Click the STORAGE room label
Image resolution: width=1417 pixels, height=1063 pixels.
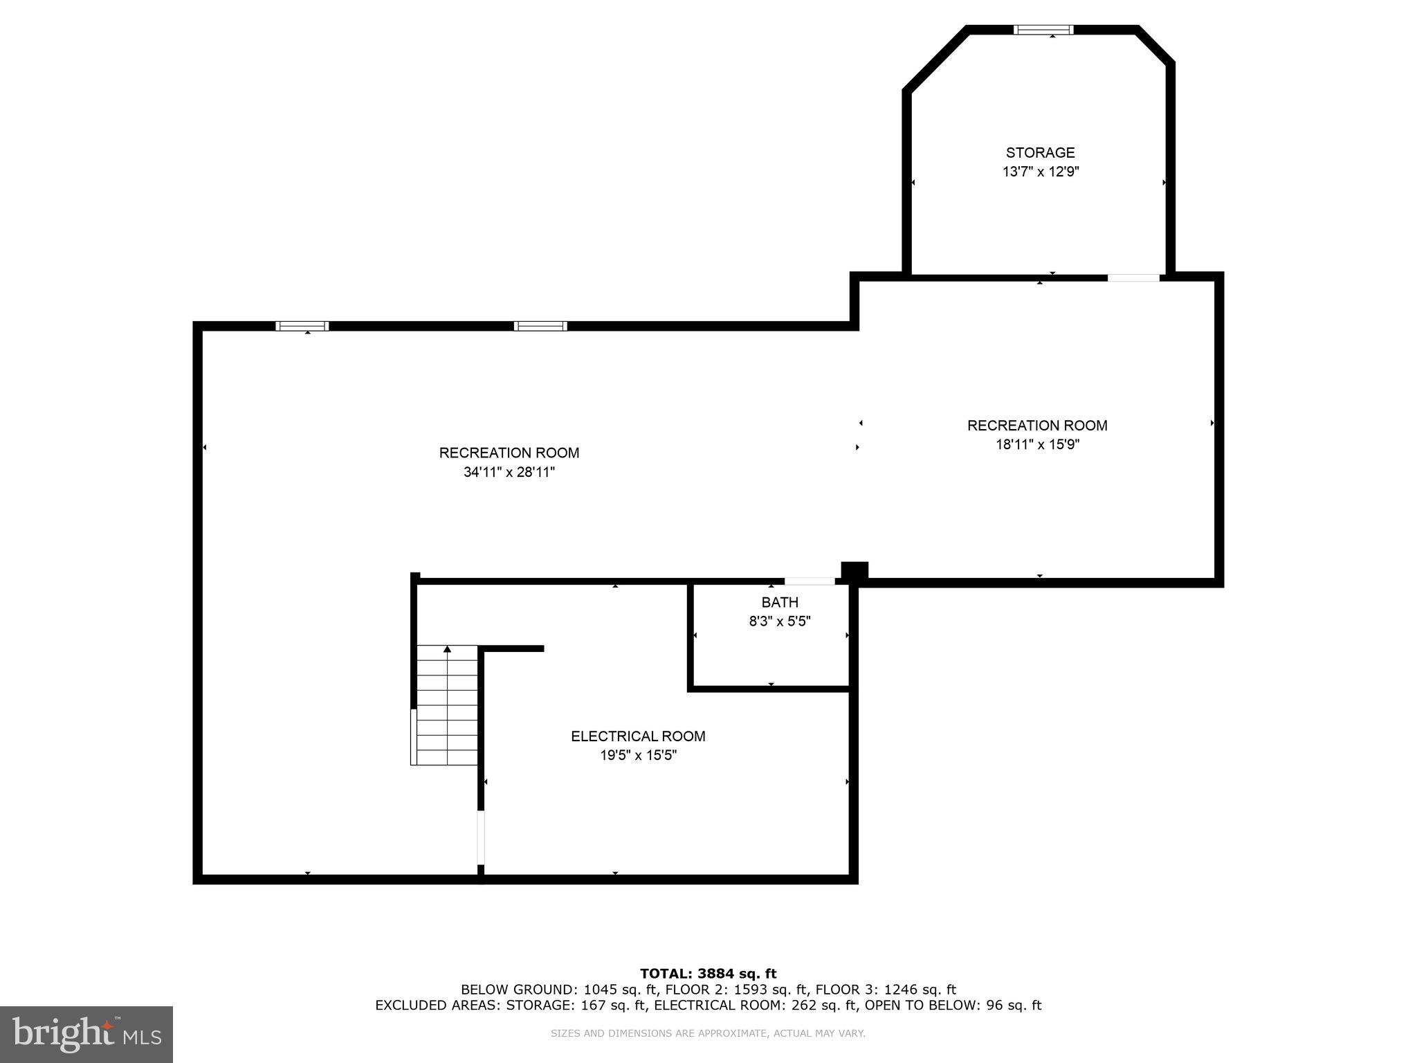(x=1040, y=153)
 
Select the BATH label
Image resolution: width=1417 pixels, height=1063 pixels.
(x=780, y=603)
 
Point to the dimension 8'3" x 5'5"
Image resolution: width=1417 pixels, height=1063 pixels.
(x=780, y=621)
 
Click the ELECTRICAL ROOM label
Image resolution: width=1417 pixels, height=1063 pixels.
(x=638, y=736)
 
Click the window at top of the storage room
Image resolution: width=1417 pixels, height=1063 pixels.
(x=1043, y=30)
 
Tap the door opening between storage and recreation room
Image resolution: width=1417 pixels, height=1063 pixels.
(x=1133, y=278)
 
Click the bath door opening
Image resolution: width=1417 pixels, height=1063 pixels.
(x=810, y=581)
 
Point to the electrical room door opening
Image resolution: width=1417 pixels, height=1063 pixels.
(x=481, y=837)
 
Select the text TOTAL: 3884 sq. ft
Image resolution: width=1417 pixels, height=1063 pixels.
(x=708, y=974)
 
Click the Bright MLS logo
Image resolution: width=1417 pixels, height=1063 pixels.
(x=86, y=1034)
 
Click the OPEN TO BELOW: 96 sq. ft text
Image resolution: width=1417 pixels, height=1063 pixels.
(x=953, y=1006)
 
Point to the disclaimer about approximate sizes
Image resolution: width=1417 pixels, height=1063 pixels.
(x=708, y=1033)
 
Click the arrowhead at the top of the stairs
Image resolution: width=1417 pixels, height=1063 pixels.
(x=448, y=649)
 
